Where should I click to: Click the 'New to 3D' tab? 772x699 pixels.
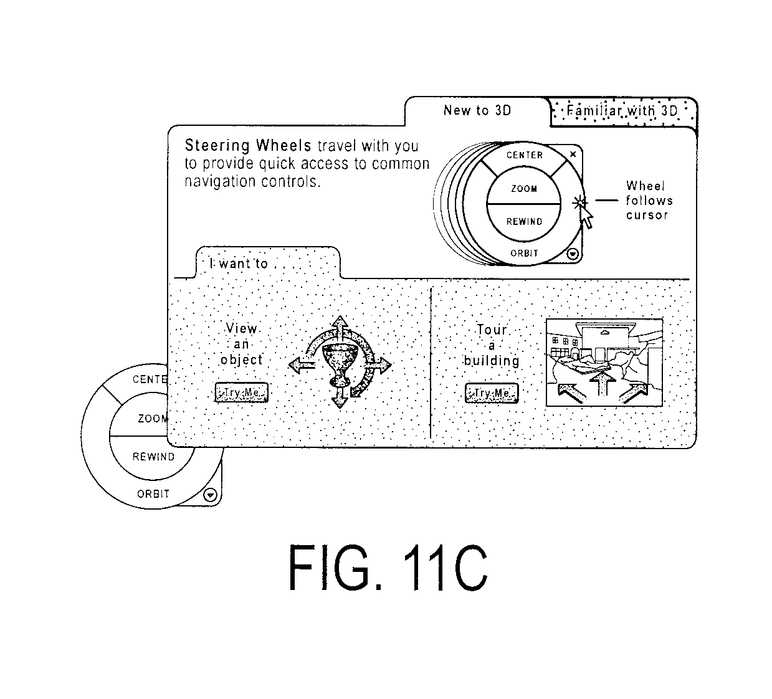point(477,111)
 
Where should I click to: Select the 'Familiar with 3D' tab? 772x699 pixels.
point(622,112)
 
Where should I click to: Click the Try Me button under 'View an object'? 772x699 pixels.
point(241,392)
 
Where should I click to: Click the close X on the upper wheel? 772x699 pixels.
point(573,155)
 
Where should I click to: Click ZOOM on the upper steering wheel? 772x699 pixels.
point(524,189)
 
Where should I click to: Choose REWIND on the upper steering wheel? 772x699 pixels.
point(524,221)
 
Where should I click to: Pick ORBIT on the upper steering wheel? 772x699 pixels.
point(524,254)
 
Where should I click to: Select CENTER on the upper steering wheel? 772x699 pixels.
point(525,155)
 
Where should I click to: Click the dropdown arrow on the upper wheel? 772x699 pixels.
point(573,254)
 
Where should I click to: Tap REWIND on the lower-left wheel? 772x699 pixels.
point(153,457)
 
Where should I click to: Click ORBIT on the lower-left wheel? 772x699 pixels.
point(153,494)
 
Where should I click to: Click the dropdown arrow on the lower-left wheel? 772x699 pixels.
point(211,495)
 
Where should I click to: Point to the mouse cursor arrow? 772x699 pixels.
point(586,217)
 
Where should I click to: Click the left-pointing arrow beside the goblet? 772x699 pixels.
point(302,364)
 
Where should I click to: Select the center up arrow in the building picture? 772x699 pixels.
point(603,383)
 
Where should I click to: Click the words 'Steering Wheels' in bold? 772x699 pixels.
point(248,146)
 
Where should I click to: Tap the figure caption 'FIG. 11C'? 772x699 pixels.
point(388,568)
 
